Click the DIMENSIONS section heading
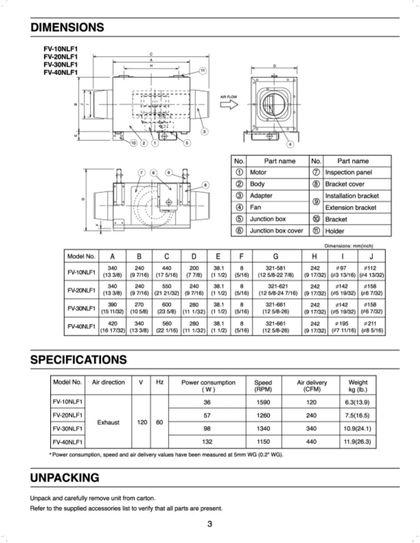[67, 27]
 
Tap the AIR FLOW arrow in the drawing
[229, 104]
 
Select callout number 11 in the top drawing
[203, 71]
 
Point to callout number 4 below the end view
[290, 144]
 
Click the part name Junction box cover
[276, 231]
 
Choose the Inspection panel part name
[348, 172]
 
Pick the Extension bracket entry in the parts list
[350, 207]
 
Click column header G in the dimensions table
[276, 256]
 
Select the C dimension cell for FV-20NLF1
[166, 290]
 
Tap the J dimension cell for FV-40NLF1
[372, 327]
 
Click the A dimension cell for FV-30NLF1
[112, 308]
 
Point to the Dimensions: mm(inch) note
[349, 246]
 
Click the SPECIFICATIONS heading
[79, 360]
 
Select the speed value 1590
[263, 402]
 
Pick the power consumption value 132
[207, 442]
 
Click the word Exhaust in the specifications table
[108, 422]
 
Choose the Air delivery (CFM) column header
[312, 386]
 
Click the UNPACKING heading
[65, 478]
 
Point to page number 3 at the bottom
[210, 524]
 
